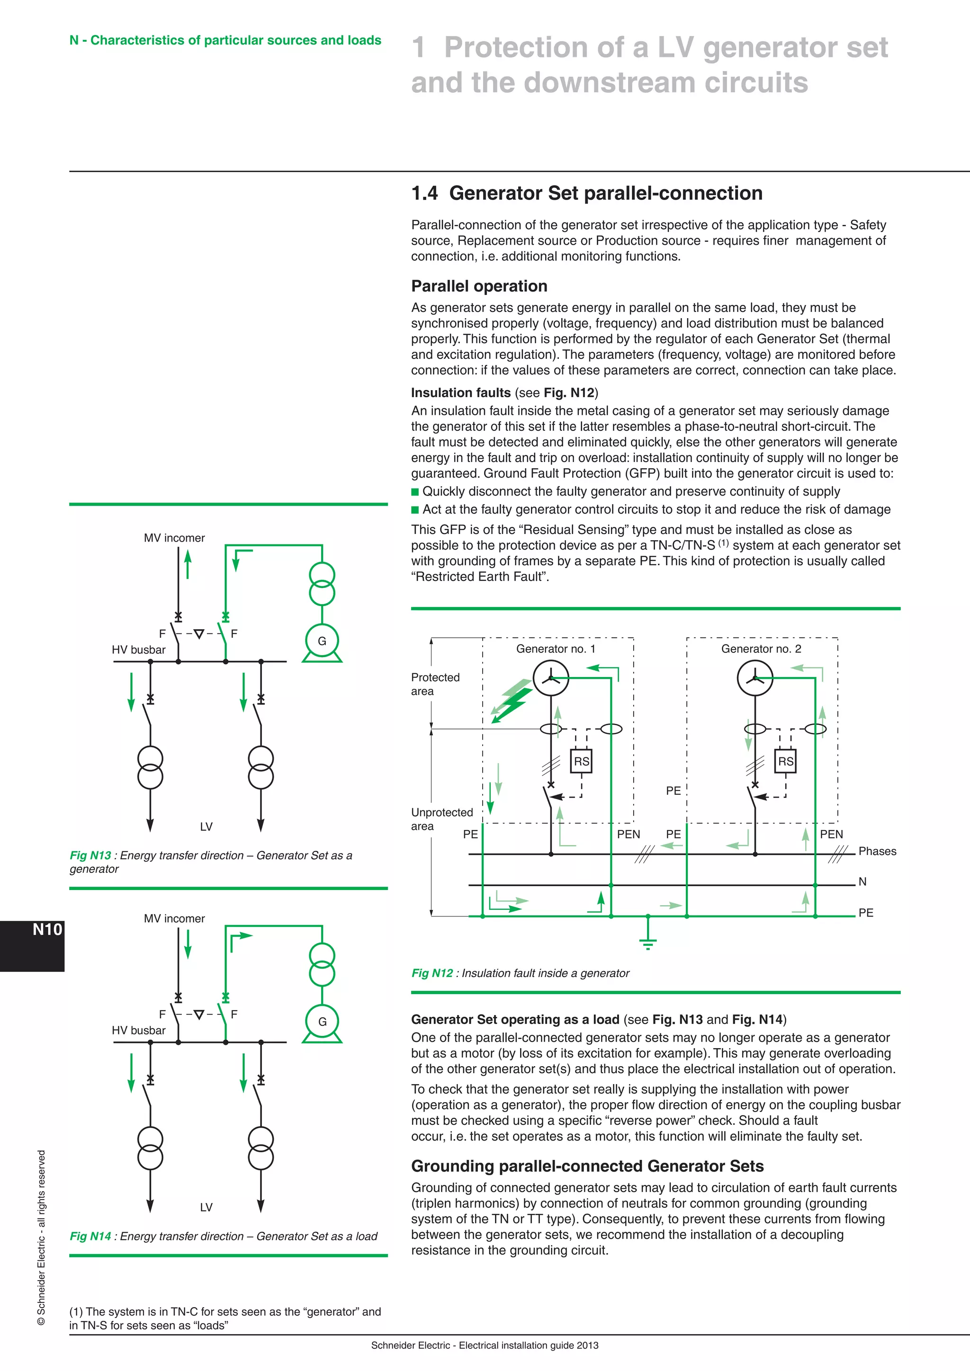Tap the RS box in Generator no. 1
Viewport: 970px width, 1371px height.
pos(581,761)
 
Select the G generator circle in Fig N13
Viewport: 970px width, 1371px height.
pos(322,641)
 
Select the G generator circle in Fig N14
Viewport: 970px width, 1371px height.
pos(322,1022)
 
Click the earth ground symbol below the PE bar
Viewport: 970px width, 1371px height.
pos(647,942)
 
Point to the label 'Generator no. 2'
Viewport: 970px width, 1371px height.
pos(761,649)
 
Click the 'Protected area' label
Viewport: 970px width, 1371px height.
pos(435,684)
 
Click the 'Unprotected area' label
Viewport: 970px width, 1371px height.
pos(441,819)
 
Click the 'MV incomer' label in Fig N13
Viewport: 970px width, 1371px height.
pos(174,538)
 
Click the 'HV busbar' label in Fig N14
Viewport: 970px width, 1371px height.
pos(139,1031)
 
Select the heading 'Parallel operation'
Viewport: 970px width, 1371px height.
pos(479,286)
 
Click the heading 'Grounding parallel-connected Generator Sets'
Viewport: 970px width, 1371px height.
pos(587,1166)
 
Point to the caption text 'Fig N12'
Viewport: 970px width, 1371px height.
pos(432,973)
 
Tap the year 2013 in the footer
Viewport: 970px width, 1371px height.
pos(587,1345)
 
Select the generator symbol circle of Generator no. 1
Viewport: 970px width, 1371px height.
pos(551,678)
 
